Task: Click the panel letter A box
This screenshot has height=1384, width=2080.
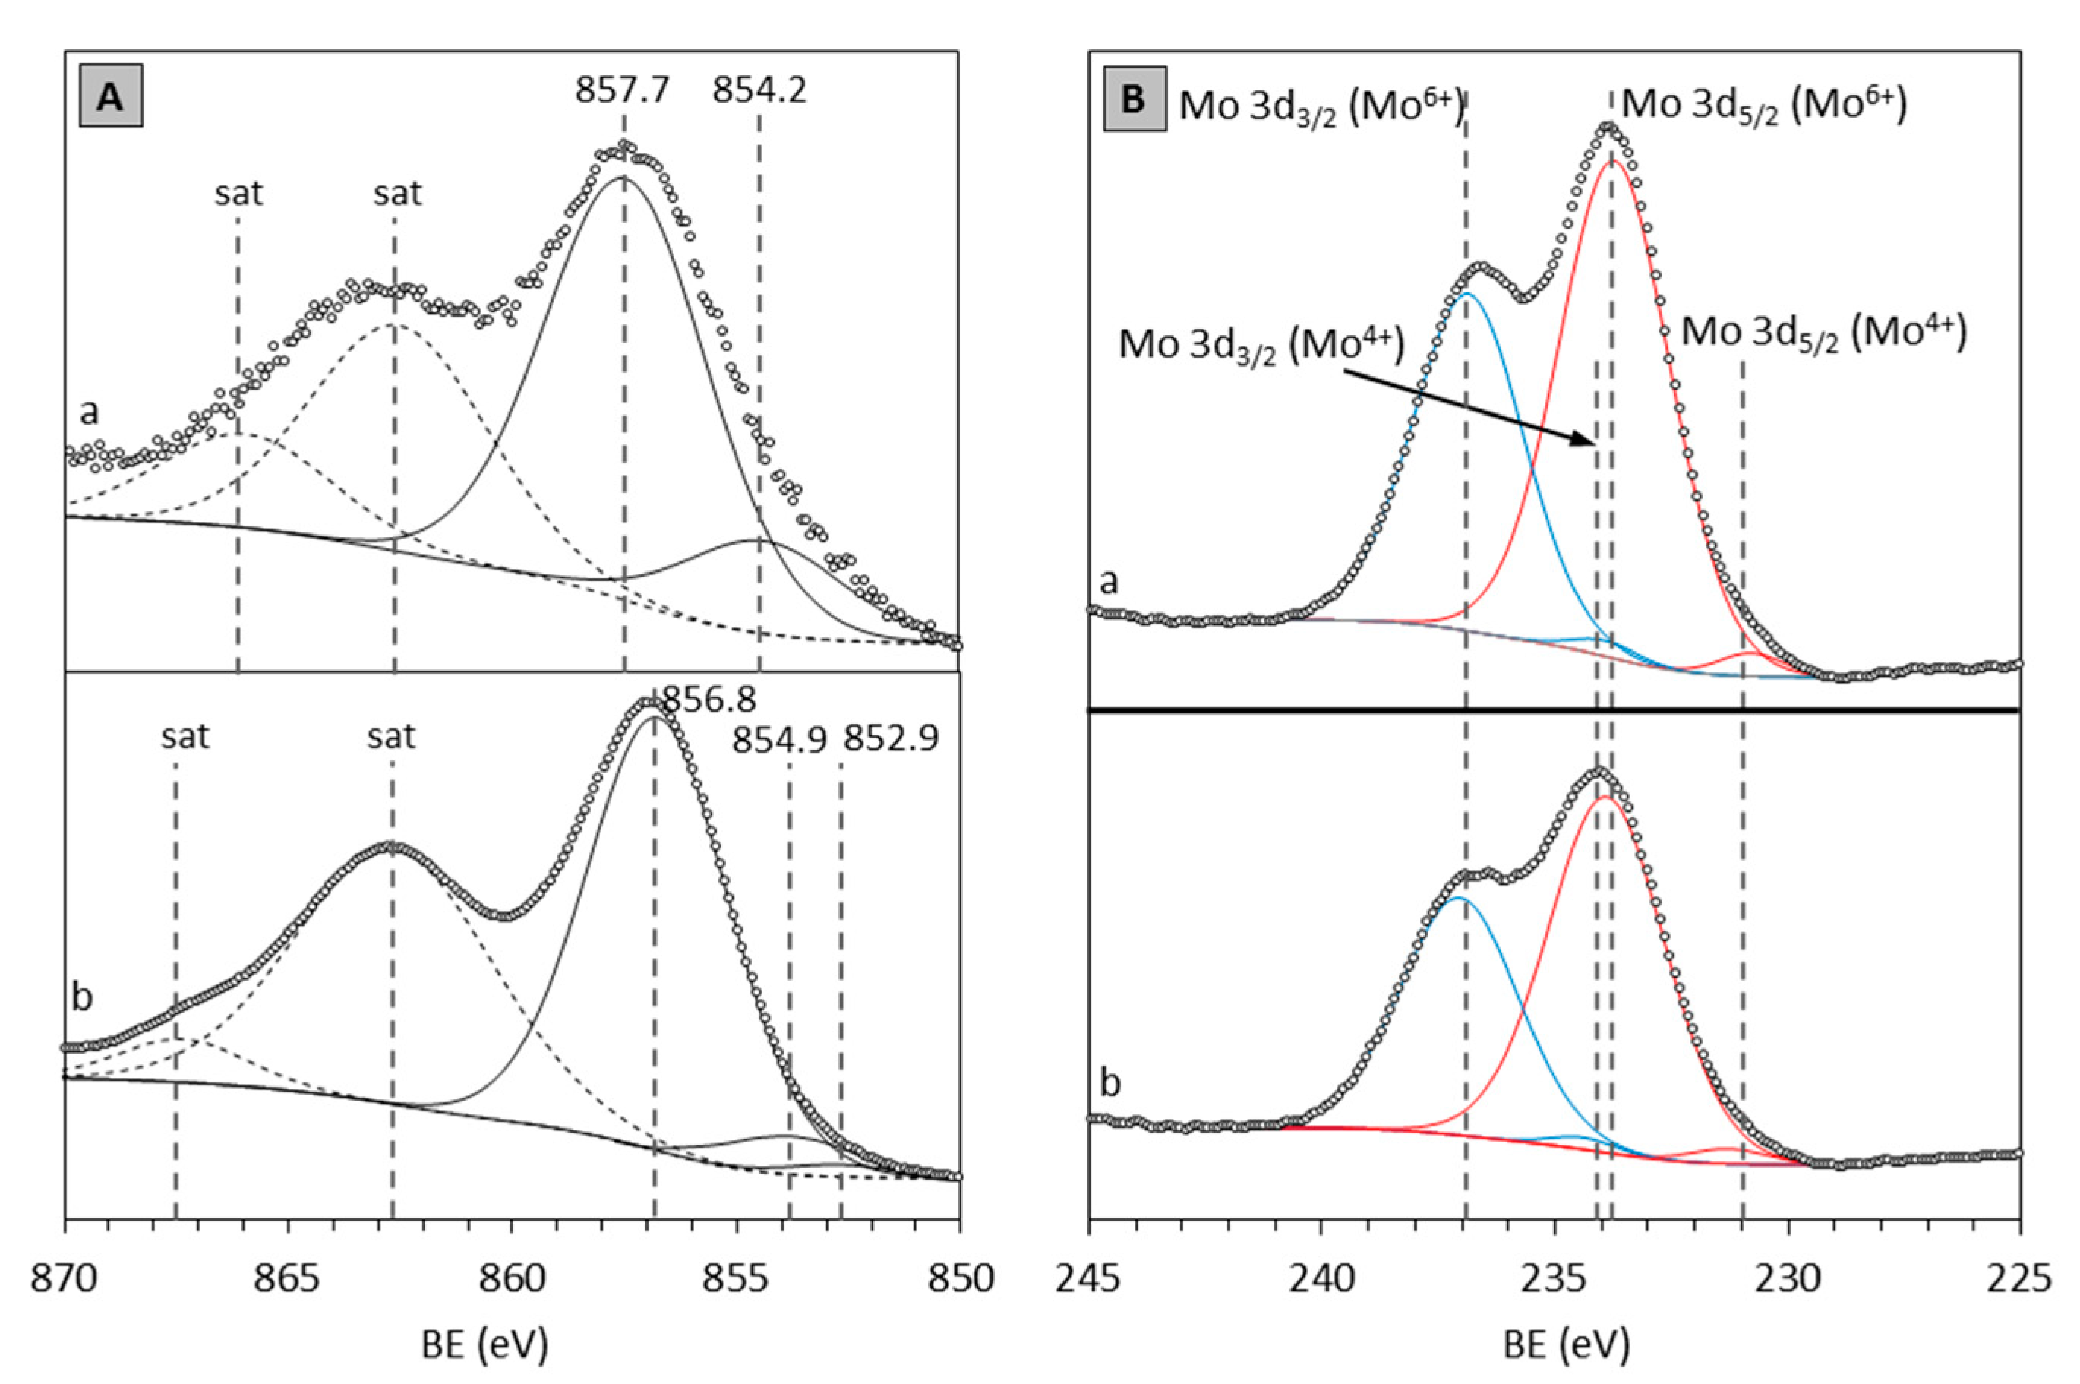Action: click(110, 97)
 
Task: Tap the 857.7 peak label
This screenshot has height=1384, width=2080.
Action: click(622, 89)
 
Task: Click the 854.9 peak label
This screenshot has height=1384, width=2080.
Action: click(779, 741)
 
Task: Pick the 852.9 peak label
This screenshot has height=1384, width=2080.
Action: click(891, 739)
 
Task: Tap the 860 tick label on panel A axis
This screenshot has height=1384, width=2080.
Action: click(512, 1279)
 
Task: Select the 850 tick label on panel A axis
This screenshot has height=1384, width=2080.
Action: click(959, 1279)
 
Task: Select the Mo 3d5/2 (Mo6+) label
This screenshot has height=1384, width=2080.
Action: click(1764, 104)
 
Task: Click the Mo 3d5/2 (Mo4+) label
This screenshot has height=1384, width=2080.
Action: click(1823, 333)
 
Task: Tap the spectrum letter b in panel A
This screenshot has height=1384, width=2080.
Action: click(81, 997)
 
